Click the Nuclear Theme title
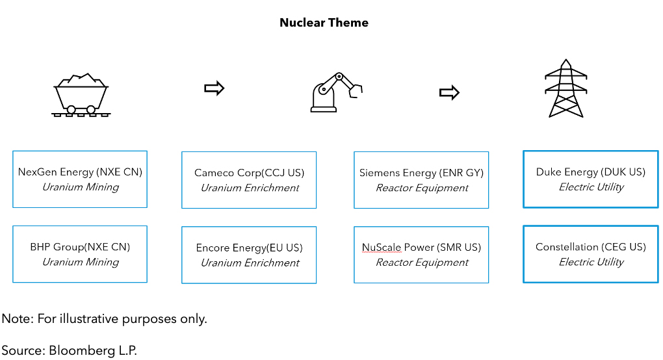coord(324,23)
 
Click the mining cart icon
coord(81,96)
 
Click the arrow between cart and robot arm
coord(214,88)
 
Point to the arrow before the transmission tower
coord(449,93)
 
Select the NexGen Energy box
coord(80,179)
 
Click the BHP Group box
coord(80,254)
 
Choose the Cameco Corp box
coord(249,180)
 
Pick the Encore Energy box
coord(249,255)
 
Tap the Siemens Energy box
coord(421,180)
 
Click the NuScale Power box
coord(421,255)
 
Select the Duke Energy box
coord(590,179)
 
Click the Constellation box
coord(590,254)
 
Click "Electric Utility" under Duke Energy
coord(591,187)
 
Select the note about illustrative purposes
coord(104,319)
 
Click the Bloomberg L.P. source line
coord(70,350)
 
